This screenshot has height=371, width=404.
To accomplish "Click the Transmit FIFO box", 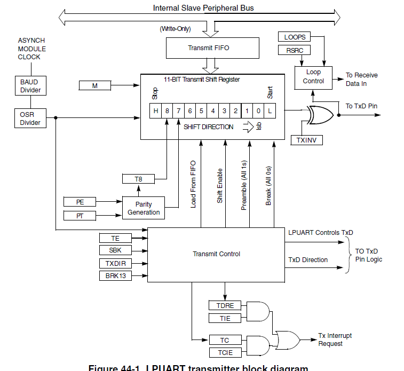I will tap(208, 48).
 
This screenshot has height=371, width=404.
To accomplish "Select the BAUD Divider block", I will tap(29, 86).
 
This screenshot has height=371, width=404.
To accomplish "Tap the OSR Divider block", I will tap(29, 118).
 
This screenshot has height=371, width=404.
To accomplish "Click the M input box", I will tap(94, 85).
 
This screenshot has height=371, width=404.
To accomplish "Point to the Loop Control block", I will tap(313, 76).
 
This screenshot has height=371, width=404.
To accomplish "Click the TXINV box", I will tap(306, 140).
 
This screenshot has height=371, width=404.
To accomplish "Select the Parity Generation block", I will tap(143, 208).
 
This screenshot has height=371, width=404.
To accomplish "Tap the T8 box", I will tap(138, 179).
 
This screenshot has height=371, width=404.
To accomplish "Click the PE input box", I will tap(80, 202).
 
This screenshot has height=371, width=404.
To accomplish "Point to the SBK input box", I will tap(115, 250).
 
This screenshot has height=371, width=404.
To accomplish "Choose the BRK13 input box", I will tap(115, 275).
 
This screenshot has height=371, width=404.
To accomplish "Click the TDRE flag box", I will tap(225, 306).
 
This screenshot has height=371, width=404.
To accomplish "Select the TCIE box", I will tap(225, 352).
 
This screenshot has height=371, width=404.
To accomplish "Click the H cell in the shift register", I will tap(156, 110).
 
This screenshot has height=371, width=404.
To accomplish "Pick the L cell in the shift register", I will tap(270, 110).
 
